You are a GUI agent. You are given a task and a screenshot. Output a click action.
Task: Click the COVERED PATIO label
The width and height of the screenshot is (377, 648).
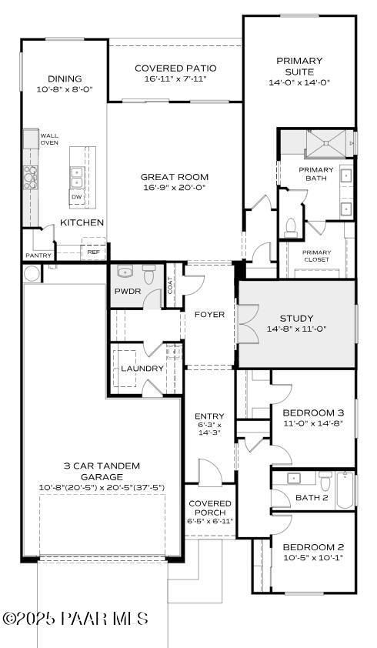tap(175, 68)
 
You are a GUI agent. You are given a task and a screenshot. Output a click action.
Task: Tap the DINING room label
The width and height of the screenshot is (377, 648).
tap(65, 78)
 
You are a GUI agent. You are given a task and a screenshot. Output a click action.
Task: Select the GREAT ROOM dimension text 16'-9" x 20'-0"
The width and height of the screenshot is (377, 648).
tap(175, 187)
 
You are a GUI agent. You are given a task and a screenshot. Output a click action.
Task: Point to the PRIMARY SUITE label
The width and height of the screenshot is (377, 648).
tap(299, 65)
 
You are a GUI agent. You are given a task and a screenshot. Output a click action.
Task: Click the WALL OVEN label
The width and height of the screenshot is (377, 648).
tap(49, 139)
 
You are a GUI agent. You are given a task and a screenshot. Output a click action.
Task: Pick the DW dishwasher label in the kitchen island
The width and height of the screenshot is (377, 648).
tap(77, 197)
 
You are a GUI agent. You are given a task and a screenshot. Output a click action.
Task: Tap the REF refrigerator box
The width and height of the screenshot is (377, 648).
tap(93, 252)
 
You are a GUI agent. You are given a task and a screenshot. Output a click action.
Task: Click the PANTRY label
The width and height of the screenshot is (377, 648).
tap(38, 256)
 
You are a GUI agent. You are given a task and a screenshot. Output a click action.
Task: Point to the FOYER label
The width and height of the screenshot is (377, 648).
tap(209, 314)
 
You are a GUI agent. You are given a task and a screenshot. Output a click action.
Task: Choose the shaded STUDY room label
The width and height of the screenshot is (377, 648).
tap(296, 318)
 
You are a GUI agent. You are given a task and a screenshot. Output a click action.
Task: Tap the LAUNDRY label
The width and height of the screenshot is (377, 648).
tap(142, 369)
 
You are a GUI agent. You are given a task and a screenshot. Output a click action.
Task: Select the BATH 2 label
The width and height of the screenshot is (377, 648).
tap(312, 498)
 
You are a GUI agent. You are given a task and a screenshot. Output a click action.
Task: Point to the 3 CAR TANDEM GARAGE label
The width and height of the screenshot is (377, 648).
tap(102, 471)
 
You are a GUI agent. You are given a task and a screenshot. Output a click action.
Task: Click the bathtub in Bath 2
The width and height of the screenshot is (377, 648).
tap(344, 490)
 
